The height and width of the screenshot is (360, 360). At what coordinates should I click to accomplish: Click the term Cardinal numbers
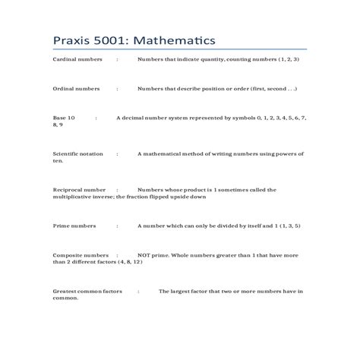(77, 59)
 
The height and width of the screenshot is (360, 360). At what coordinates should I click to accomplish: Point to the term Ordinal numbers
(76, 89)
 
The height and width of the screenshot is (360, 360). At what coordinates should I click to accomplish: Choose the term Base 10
(64, 118)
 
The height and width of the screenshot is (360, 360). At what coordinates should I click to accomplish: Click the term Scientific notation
(78, 153)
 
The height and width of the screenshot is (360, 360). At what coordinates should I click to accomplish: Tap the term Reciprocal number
(79, 189)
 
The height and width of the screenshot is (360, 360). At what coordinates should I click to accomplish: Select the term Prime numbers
(74, 226)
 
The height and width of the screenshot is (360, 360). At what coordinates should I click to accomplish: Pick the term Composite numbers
(80, 255)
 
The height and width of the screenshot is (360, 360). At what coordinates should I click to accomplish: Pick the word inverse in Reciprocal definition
(104, 196)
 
